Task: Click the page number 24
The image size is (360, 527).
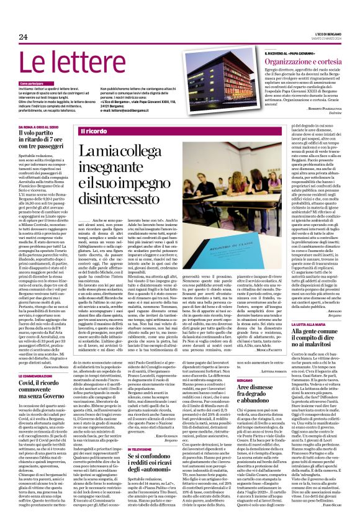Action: [x=24, y=39]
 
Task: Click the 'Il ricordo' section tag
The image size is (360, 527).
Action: [x=94, y=132]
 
